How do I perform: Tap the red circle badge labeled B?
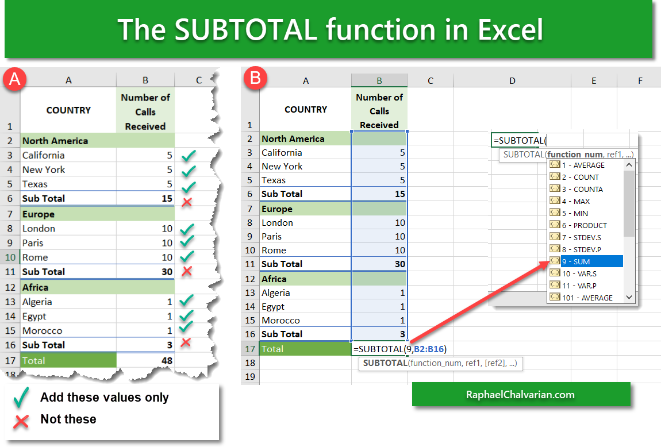coord(254,79)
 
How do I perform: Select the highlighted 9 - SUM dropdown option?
coord(591,261)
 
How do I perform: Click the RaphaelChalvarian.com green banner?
coord(520,394)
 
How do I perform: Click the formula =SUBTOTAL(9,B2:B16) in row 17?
coord(400,349)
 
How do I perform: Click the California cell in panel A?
coord(44,155)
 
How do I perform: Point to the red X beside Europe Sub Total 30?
coord(186,271)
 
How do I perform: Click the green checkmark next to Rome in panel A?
coord(187,256)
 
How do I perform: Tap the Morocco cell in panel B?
coord(280,320)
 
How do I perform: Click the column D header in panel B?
coord(512,81)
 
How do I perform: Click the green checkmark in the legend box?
coord(21,398)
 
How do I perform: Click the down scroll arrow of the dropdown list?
coord(629,297)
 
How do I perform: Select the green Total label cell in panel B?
coord(305,349)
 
